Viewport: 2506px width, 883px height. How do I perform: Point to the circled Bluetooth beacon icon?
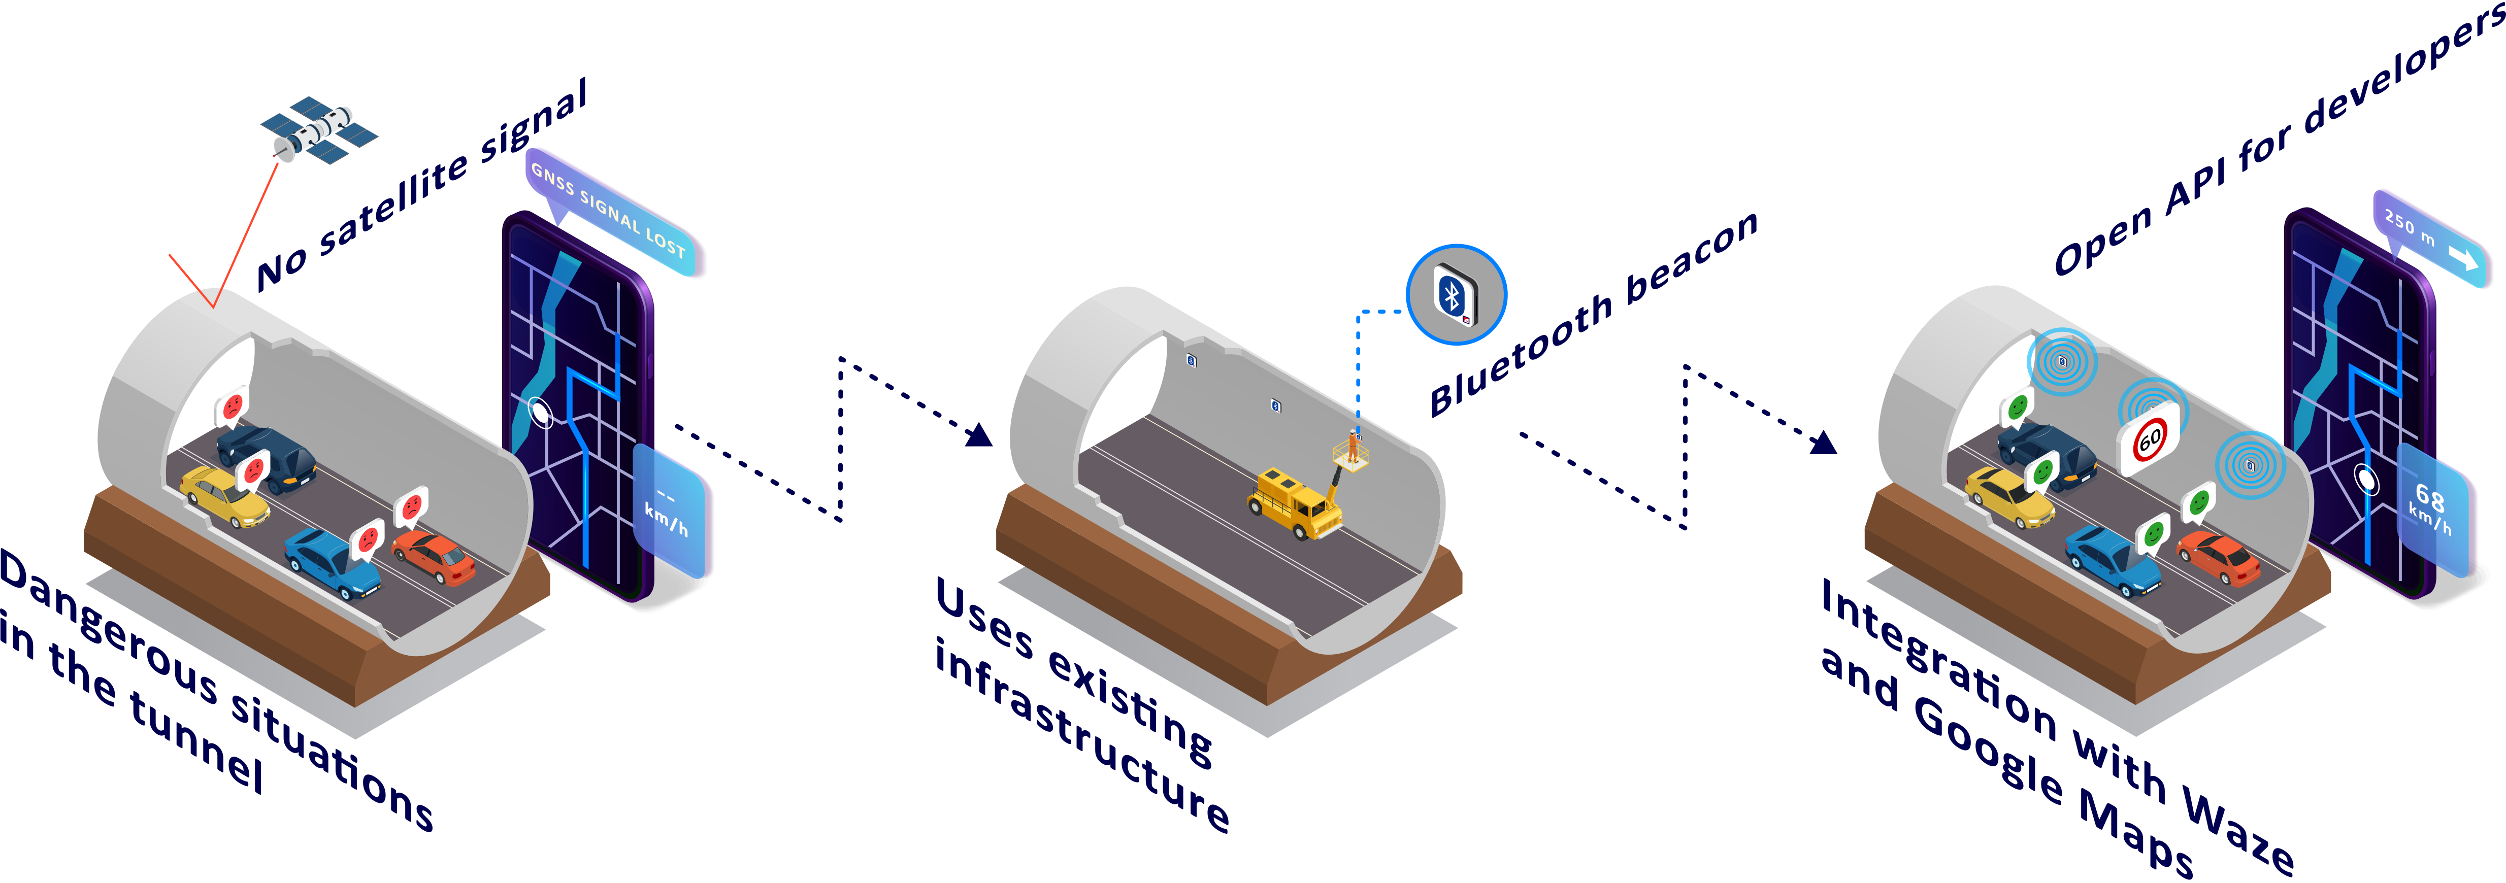[x=1456, y=295]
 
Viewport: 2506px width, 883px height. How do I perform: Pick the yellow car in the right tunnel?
[x=2009, y=496]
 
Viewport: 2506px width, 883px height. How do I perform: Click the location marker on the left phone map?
[x=540, y=413]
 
